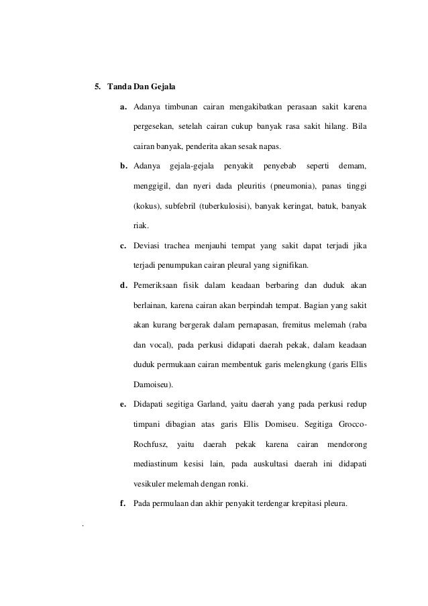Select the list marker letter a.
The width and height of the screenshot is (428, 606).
click(x=123, y=107)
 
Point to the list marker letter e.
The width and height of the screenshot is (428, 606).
click(x=123, y=405)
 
